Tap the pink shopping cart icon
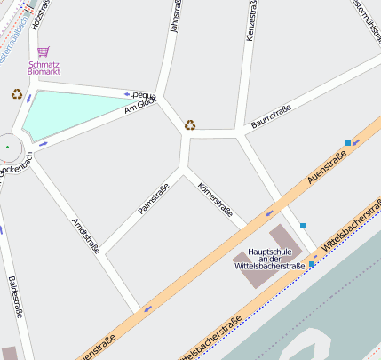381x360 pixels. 44,52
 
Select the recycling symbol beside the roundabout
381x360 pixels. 17,93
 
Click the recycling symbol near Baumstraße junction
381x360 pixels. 190,125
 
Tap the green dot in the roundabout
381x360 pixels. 8,147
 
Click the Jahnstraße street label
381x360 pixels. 174,18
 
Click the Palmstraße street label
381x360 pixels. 153,198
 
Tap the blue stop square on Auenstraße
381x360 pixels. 347,143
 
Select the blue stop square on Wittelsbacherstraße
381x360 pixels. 312,264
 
